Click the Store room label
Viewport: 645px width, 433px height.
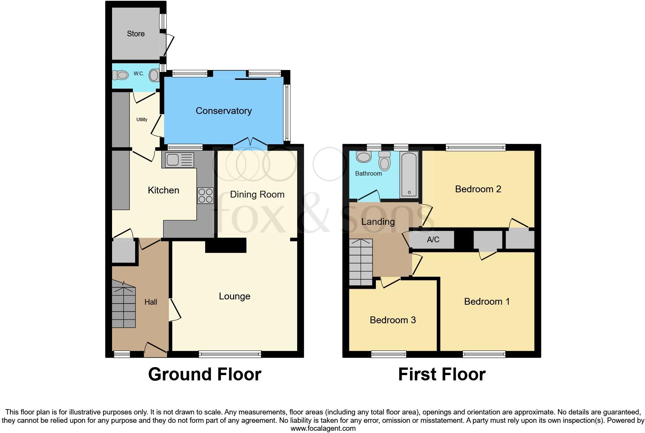pos(136,34)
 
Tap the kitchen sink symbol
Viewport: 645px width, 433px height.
pos(178,160)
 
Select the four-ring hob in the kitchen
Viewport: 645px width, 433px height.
pos(205,196)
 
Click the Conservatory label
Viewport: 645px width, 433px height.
pos(223,111)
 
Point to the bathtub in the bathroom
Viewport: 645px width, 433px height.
pos(409,174)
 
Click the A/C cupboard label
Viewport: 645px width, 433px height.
pos(433,240)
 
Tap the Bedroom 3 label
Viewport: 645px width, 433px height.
pos(393,320)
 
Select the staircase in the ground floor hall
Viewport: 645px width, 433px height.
pos(124,305)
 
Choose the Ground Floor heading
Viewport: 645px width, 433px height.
pos(204,374)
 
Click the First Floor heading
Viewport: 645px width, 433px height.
pos(441,374)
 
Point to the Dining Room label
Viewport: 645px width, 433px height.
pos(257,195)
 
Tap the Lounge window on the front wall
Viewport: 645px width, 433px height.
pos(230,354)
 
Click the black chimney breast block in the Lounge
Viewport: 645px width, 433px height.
pos(226,245)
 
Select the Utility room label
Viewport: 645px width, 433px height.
pos(142,120)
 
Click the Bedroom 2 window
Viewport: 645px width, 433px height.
pos(475,147)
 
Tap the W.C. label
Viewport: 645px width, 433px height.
pos(139,73)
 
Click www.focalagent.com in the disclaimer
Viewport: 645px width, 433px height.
pos(323,428)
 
